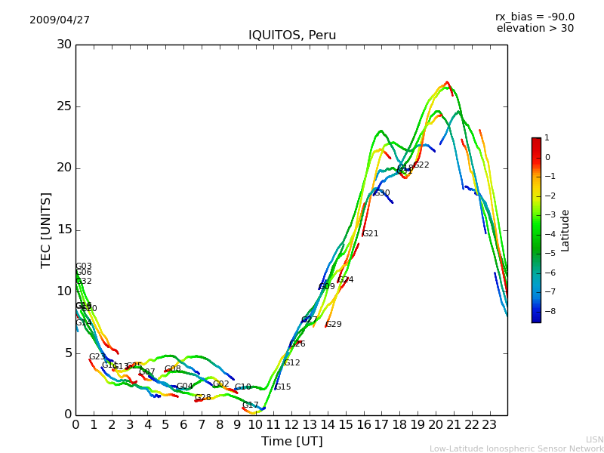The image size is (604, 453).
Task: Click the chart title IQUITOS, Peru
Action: tap(292, 35)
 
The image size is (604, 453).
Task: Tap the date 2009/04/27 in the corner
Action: tap(60, 20)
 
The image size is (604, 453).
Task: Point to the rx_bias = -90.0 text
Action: tap(535, 17)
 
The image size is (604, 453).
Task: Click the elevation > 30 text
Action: tap(535, 29)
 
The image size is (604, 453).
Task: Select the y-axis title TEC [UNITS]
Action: tap(46, 230)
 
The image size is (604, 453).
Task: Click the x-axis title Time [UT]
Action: tap(291, 442)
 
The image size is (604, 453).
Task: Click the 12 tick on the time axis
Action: tap(292, 424)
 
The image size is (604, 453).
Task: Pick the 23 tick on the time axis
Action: tap(490, 424)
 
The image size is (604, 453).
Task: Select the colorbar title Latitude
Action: tap(565, 230)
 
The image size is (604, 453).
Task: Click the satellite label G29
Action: tap(334, 325)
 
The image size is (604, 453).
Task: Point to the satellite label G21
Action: tap(371, 234)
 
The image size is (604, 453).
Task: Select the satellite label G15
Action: tap(282, 387)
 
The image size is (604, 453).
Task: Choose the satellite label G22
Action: tap(421, 165)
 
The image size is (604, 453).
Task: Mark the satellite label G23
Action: tap(97, 357)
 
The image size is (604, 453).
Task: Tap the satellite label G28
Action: tap(203, 398)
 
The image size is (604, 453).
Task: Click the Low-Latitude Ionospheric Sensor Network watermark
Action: tap(516, 448)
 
